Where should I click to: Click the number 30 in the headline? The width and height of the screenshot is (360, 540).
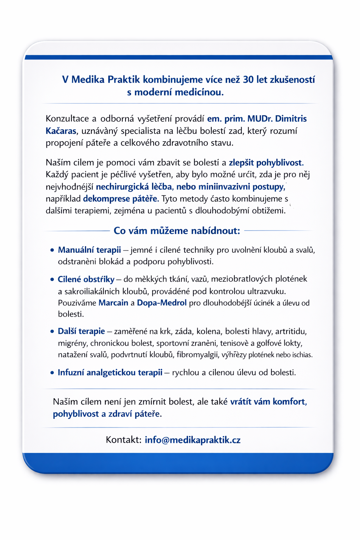click(248, 79)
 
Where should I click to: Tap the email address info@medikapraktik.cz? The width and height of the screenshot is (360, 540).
click(193, 440)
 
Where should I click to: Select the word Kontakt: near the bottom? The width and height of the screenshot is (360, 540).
click(123, 440)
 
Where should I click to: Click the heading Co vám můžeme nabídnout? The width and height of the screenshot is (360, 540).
click(177, 231)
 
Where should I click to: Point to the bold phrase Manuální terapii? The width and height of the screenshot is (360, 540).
click(89, 250)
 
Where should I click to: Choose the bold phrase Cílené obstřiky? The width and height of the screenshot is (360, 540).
click(86, 279)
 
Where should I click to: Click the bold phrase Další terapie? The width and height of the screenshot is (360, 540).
click(81, 331)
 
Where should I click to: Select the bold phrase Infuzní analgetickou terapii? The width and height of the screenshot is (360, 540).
click(110, 373)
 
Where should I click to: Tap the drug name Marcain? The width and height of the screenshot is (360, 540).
click(113, 303)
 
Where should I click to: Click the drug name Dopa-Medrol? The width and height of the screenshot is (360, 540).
click(162, 303)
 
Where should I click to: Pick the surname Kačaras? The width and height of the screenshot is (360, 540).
click(61, 131)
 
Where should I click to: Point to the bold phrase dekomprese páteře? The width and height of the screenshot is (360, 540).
click(121, 199)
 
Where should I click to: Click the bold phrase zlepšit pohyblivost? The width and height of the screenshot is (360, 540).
click(266, 163)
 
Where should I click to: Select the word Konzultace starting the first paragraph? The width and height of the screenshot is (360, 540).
click(67, 119)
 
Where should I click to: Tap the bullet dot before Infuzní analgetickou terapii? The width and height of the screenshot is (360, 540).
click(52, 373)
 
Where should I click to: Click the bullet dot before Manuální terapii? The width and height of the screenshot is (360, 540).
click(52, 250)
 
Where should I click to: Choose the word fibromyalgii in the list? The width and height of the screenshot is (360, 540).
click(197, 355)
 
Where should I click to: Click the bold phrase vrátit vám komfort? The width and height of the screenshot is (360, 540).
click(268, 402)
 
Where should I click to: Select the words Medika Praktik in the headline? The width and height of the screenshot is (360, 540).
click(105, 79)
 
